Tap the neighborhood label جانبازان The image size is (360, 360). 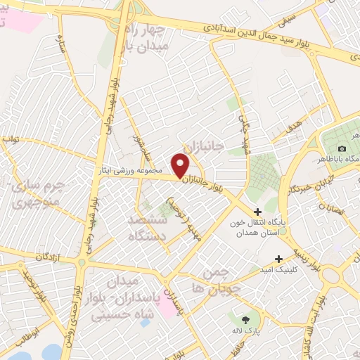203,146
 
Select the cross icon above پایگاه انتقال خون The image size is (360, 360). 257,211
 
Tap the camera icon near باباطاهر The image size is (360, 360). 342,148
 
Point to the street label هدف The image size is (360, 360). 295,127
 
